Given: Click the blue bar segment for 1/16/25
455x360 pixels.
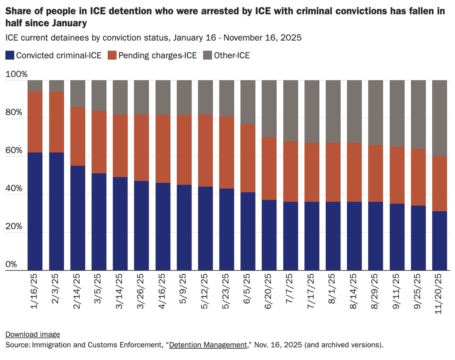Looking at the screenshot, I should click(x=35, y=211).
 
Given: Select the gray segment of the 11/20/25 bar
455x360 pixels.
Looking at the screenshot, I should click(x=440, y=118).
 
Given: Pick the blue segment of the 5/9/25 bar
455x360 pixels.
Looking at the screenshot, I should click(x=184, y=228).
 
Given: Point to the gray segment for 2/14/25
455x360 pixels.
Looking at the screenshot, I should click(x=78, y=93).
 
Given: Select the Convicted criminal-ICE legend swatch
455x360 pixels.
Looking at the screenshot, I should click(x=10, y=55).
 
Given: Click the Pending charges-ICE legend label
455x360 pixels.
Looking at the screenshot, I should click(x=157, y=55).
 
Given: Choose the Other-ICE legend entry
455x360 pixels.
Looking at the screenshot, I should click(x=232, y=55).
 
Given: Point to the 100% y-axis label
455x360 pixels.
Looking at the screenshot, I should click(x=17, y=74).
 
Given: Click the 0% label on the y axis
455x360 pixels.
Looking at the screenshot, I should click(x=11, y=264).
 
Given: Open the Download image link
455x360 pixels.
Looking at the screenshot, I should click(x=33, y=334).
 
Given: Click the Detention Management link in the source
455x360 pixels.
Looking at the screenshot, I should click(x=208, y=345).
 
